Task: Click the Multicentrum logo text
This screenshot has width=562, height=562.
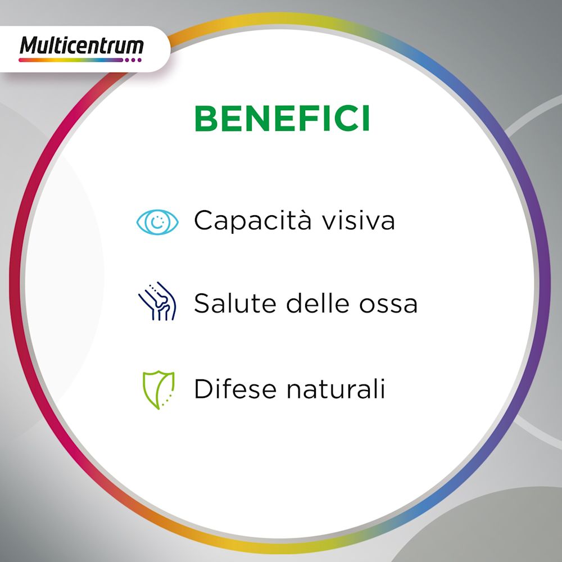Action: (81, 46)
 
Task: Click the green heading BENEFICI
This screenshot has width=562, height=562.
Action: (282, 119)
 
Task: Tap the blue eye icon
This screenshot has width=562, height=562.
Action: (158, 222)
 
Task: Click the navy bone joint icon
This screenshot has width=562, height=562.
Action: (158, 301)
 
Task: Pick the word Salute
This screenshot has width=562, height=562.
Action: (235, 303)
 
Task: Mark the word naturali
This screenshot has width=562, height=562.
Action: (336, 389)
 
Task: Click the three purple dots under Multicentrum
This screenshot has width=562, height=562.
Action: (133, 60)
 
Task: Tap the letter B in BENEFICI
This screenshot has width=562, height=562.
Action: (206, 119)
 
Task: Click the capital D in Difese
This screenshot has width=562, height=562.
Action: (203, 389)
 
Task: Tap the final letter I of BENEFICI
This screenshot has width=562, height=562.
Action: (366, 119)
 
